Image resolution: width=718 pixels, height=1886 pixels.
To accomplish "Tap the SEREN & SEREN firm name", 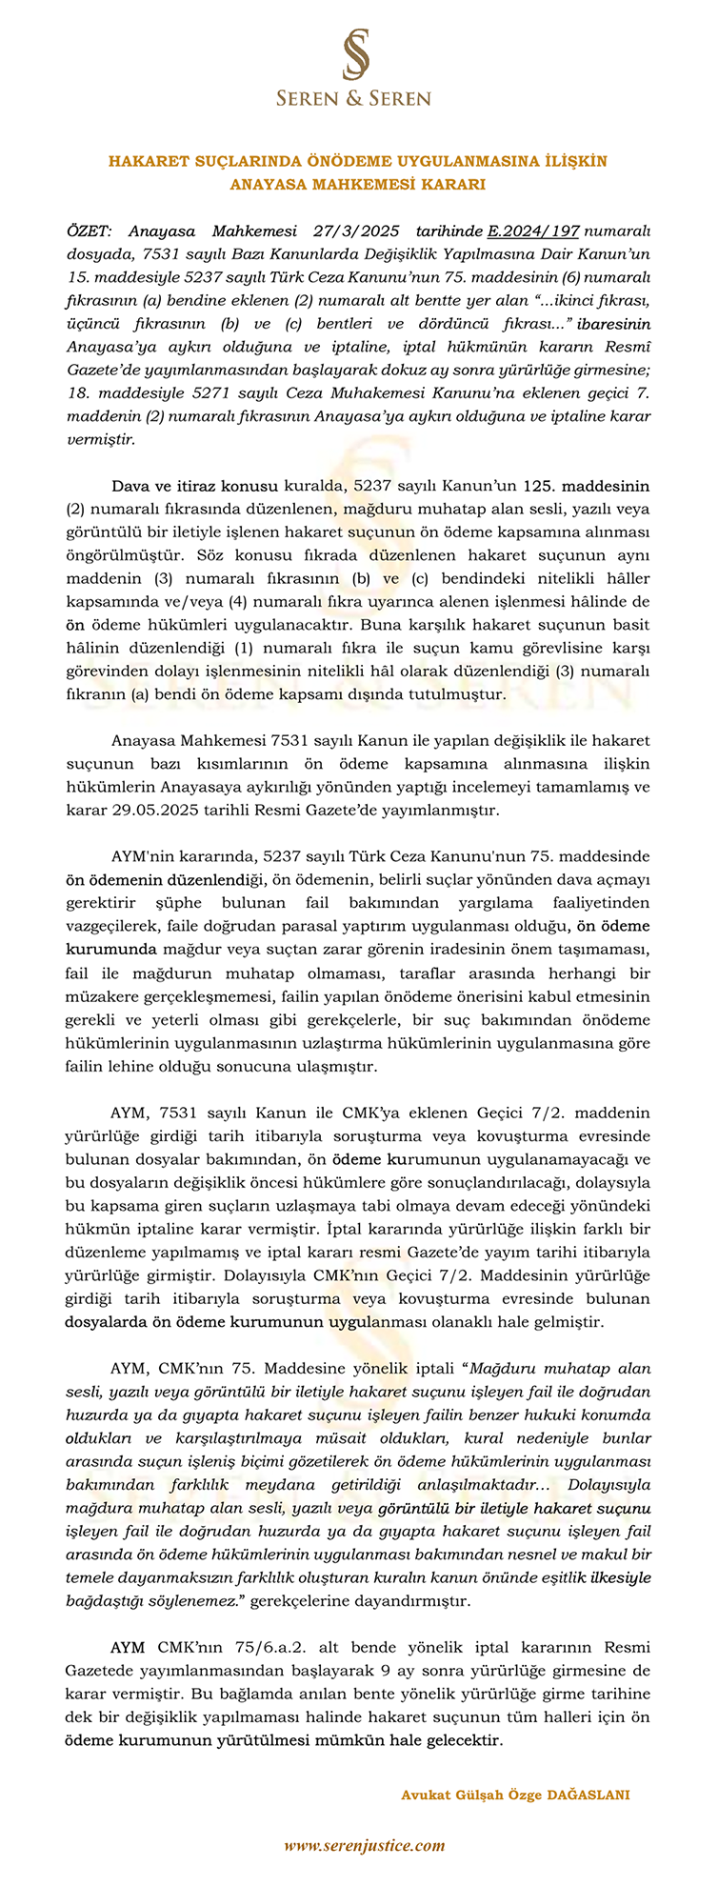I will (354, 98).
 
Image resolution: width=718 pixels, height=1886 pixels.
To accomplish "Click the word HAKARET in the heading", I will (143, 162).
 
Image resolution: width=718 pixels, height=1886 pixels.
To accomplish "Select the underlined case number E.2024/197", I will (532, 231).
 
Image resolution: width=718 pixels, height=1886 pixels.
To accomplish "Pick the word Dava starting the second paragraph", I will (130, 485).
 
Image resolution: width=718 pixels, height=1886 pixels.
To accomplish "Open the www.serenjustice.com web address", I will (365, 1845).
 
